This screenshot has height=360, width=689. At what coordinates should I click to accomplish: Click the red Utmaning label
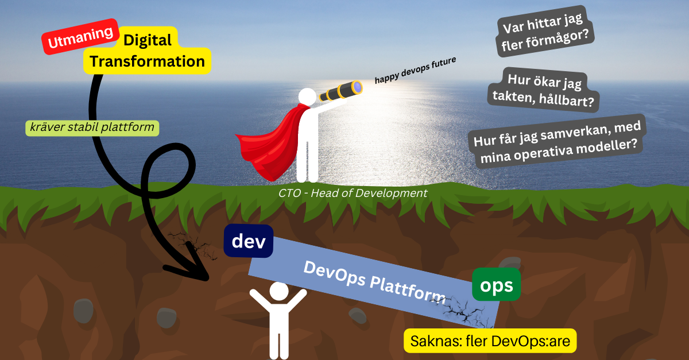[x=80, y=38]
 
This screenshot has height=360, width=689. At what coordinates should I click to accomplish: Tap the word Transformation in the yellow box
[x=148, y=61]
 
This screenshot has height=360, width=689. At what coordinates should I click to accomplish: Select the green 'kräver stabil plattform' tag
[x=92, y=128]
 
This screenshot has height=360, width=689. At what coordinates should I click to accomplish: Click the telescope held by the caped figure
[x=339, y=92]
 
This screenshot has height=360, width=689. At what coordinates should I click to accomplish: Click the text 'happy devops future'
[x=415, y=71]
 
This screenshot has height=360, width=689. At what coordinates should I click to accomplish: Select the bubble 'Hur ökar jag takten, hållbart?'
[x=542, y=91]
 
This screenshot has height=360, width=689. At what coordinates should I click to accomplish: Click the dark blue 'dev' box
[x=248, y=241]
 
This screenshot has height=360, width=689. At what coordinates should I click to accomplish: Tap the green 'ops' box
[x=496, y=285]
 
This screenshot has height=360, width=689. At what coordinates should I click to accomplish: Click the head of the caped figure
[x=306, y=97]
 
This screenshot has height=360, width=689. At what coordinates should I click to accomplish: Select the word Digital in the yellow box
[x=148, y=40]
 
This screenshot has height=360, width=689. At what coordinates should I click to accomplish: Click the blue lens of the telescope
[x=358, y=87]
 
